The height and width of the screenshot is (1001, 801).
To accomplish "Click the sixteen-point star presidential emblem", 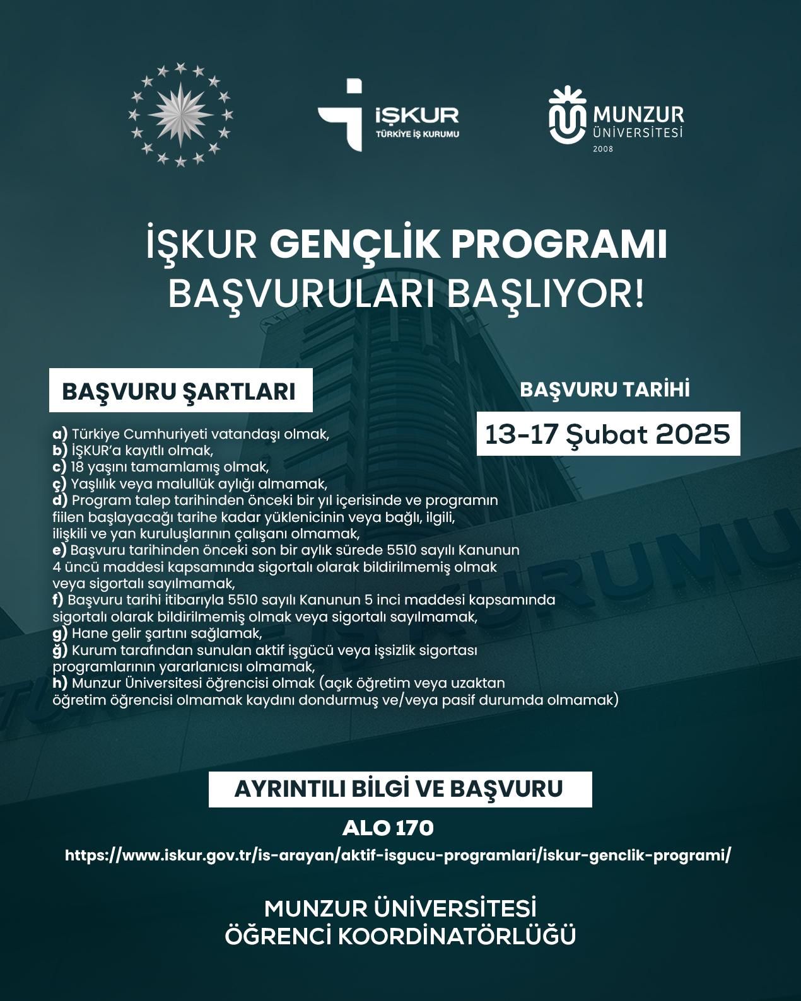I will [x=179, y=115].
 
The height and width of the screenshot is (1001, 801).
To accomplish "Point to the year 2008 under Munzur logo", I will [x=603, y=149].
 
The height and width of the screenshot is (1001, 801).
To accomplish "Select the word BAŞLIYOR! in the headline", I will [x=546, y=294].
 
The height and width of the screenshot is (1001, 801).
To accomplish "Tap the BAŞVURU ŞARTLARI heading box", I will [x=179, y=391].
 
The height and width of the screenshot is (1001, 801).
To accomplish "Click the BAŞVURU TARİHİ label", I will [x=604, y=390].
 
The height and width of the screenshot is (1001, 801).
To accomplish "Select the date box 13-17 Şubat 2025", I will [x=607, y=434].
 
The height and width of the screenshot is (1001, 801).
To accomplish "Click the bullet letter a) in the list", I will [x=60, y=434].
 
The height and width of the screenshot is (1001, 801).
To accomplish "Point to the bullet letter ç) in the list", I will [x=60, y=484].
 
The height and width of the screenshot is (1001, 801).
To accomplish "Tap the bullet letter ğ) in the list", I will [x=60, y=649].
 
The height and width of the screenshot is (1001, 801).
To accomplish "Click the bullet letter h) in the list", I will [x=60, y=683].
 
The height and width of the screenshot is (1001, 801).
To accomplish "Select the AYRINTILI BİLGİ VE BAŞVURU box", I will [x=400, y=789].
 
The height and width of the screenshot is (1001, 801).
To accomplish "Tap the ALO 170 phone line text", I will [x=388, y=828].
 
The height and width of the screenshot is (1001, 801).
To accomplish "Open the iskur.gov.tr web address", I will [x=399, y=855].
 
